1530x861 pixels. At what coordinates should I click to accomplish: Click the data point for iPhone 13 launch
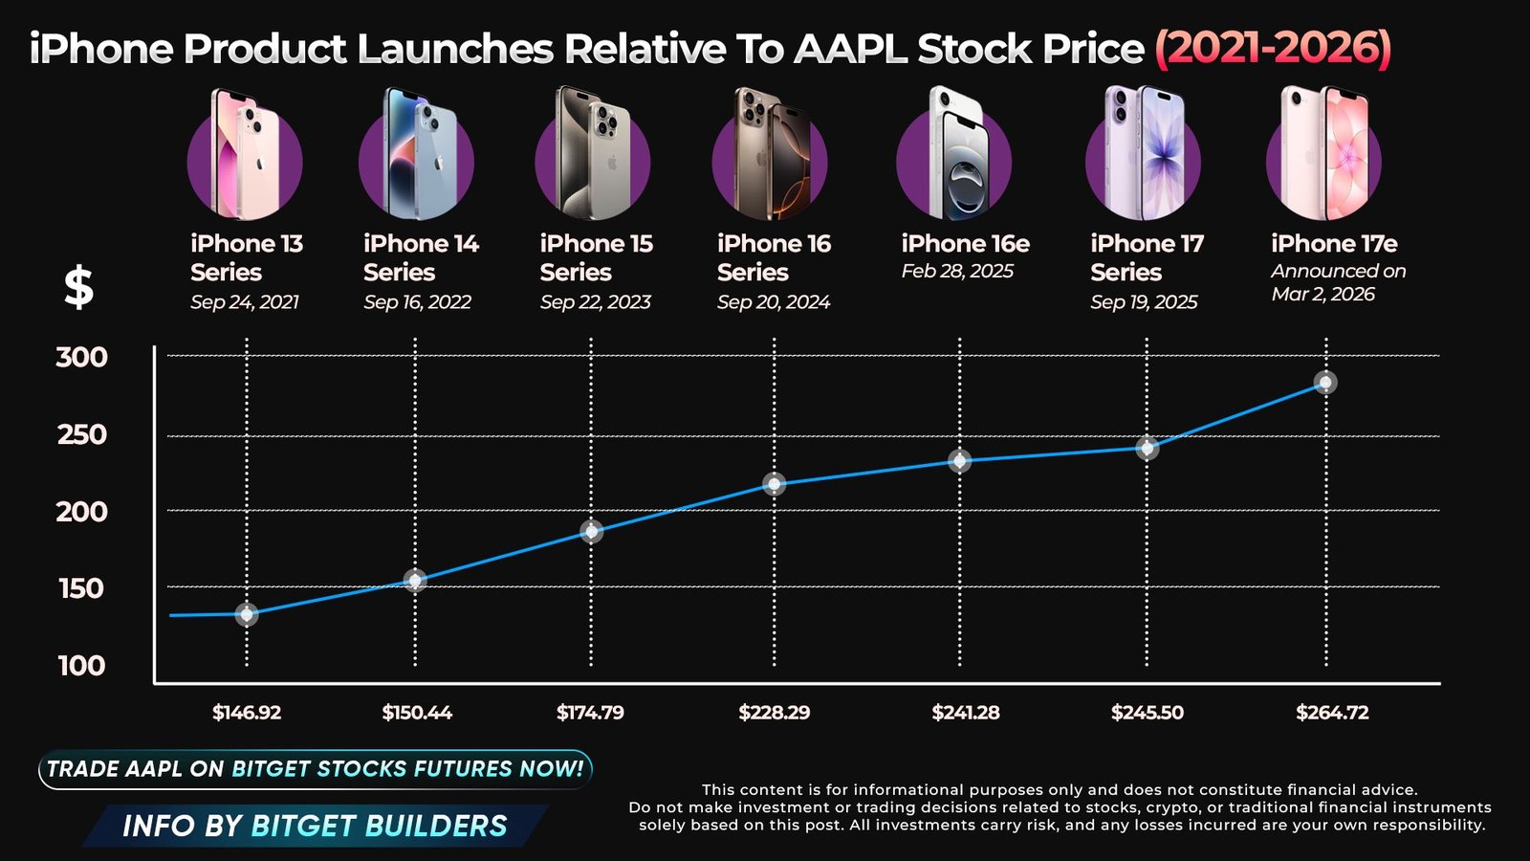(247, 614)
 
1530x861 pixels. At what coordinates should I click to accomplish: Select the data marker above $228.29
(775, 484)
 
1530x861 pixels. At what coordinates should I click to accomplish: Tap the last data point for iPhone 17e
(1325, 383)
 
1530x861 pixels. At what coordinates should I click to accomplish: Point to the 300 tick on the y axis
(81, 358)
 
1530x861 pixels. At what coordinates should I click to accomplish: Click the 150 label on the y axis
(81, 588)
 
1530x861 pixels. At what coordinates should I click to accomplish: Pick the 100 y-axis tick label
(81, 666)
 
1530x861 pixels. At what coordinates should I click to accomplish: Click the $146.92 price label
(247, 713)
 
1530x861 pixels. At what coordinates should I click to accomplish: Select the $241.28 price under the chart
(966, 713)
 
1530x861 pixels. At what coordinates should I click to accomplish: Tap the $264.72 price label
(1332, 713)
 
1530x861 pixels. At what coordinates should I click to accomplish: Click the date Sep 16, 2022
(417, 302)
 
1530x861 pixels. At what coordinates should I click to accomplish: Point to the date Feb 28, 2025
(957, 272)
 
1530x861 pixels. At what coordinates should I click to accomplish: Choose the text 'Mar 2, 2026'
(1322, 295)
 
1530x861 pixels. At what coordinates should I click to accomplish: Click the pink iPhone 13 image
(245, 155)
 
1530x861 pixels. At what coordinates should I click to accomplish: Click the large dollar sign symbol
(78, 287)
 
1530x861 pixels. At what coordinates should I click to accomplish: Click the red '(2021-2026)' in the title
(1273, 48)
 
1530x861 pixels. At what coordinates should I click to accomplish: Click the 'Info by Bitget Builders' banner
(315, 826)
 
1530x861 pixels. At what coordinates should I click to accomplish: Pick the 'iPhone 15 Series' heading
(596, 258)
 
